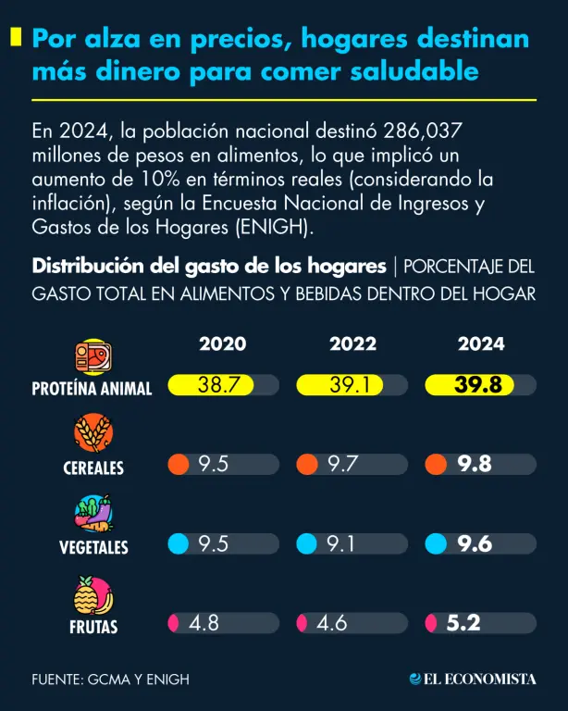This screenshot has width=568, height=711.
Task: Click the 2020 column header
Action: click(222, 343)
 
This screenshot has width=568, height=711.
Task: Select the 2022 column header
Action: click(352, 343)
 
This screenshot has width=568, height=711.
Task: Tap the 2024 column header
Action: click(481, 343)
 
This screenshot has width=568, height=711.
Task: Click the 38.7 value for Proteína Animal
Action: click(219, 385)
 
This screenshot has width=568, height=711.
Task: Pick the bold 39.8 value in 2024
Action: click(478, 385)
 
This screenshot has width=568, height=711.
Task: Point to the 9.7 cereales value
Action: click(343, 465)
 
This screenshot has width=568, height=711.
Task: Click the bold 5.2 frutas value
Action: click(463, 624)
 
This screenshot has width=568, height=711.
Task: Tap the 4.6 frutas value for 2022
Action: click(331, 624)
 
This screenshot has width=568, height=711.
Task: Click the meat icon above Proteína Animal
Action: click(93, 356)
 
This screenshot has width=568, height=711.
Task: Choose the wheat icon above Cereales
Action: click(93, 435)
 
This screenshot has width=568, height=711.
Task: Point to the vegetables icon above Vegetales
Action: click(93, 515)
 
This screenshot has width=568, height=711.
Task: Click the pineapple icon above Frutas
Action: click(93, 595)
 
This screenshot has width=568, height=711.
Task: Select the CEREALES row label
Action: click(93, 468)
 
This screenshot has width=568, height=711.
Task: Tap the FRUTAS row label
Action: click(93, 628)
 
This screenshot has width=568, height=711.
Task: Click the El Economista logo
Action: click(473, 679)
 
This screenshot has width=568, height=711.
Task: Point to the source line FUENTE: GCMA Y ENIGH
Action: click(110, 680)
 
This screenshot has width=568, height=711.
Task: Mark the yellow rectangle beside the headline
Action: click(16, 37)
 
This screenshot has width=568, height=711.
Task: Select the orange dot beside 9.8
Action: click(435, 465)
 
